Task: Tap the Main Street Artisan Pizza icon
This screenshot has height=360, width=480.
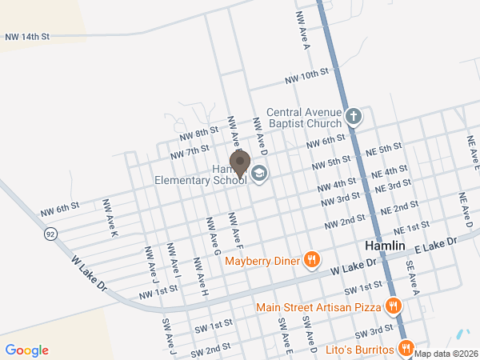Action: (x=393, y=306)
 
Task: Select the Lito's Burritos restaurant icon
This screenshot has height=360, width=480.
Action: (x=406, y=349)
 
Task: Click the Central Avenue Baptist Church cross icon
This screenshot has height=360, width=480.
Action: (x=354, y=118)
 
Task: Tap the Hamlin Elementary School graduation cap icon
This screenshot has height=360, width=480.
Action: (x=259, y=174)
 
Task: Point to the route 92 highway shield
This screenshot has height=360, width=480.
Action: (x=51, y=234)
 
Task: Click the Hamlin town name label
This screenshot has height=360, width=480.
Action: (x=386, y=246)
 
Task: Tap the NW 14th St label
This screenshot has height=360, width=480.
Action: (x=27, y=37)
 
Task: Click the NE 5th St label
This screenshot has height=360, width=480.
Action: (x=383, y=149)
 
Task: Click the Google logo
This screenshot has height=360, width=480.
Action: (x=27, y=350)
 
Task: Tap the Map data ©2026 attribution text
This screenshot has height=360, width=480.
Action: (x=446, y=354)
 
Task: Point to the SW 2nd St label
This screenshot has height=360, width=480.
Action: (x=210, y=350)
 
